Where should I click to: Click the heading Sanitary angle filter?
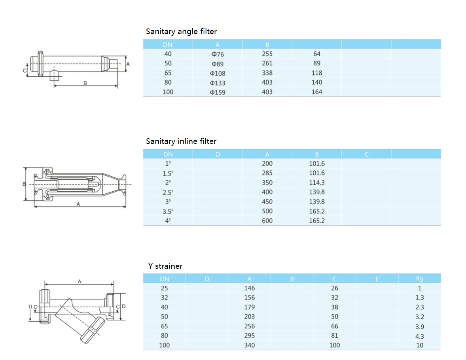click(181, 32)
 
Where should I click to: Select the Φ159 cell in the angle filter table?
click(218, 92)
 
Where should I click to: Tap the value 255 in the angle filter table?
click(267, 54)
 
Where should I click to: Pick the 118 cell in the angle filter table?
click(317, 73)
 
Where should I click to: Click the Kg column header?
click(420, 278)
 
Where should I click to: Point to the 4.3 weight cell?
click(420, 336)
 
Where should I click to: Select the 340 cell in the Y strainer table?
click(249, 345)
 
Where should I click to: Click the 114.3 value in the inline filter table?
click(317, 183)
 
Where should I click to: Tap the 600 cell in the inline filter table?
click(267, 221)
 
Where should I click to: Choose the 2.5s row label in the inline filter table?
click(168, 192)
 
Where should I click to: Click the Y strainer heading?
click(165, 266)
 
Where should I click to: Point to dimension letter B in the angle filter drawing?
click(85, 83)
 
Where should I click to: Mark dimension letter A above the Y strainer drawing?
click(80, 281)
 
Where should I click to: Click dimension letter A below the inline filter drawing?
click(78, 204)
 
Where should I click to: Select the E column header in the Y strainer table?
click(377, 279)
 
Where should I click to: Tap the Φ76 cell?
click(218, 54)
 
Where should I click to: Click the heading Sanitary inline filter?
click(181, 141)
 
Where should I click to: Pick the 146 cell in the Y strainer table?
click(249, 288)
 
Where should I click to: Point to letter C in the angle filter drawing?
click(25, 71)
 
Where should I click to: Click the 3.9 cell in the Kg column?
click(420, 326)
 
